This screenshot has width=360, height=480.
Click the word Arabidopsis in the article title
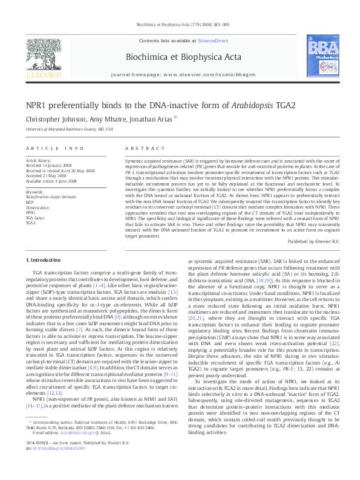coord(253,105)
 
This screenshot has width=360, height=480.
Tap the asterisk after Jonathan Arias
coord(176,117)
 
